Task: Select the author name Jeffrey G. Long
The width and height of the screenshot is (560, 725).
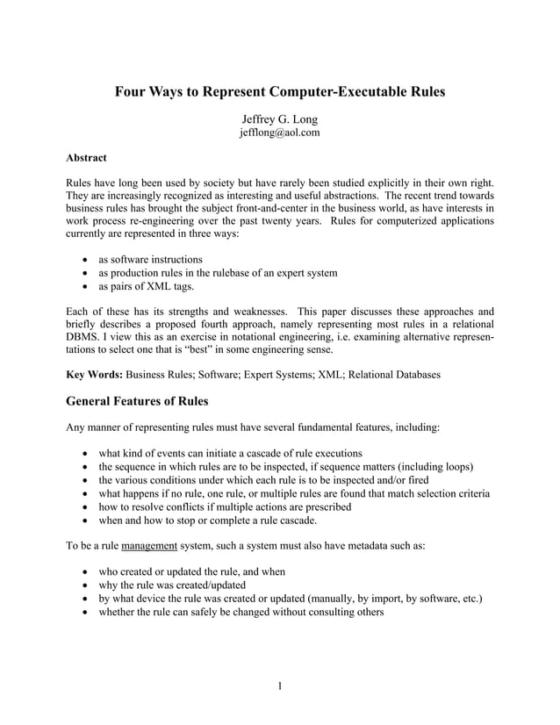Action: [280, 118]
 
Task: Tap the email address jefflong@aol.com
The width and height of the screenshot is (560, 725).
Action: [280, 133]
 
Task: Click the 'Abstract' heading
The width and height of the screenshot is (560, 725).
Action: [87, 158]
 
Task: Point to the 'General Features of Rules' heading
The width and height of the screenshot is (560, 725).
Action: [147, 403]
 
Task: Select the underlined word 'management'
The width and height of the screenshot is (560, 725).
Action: [149, 545]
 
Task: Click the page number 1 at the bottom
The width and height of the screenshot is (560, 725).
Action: [279, 686]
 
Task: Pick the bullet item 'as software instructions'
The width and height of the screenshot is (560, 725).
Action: [150, 259]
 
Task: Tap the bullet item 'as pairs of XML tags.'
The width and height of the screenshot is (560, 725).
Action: [147, 287]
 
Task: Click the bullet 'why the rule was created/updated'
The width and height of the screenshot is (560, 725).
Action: [172, 585]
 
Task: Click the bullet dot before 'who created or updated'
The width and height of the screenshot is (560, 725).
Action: [83, 571]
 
